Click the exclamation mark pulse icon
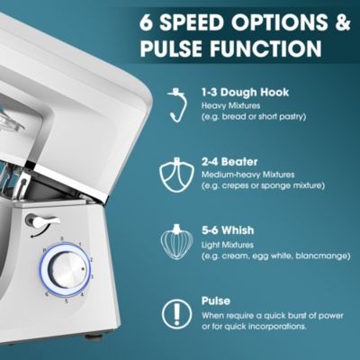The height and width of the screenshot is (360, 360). tap(177, 314)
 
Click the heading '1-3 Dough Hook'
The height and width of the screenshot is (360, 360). tap(245, 93)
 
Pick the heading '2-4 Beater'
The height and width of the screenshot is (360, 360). tap(229, 162)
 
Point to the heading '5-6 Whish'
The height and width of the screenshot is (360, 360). tap(228, 230)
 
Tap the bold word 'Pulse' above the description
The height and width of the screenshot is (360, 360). tap(216, 301)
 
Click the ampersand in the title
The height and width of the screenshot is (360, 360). tap(343, 22)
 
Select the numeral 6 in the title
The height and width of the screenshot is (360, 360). tap(147, 22)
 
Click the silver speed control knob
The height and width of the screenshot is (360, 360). tap(67, 268)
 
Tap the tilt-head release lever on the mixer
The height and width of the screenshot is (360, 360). tap(44, 221)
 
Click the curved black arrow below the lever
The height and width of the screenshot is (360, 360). tap(40, 232)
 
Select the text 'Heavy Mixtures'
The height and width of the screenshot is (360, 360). tap(230, 106)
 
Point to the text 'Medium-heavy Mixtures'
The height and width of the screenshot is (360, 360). tap(247, 175)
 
